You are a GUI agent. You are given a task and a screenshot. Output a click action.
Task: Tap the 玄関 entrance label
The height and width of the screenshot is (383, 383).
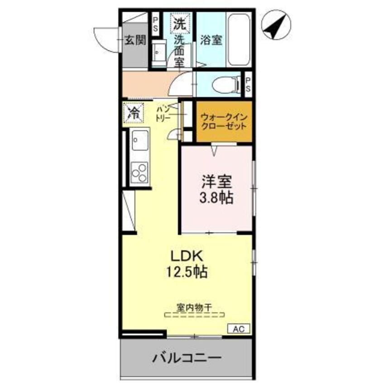(135, 40)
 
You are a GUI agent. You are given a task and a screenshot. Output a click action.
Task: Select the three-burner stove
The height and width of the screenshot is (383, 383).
(139, 172)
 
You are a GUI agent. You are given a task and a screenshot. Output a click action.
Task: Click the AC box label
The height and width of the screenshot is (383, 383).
(239, 329)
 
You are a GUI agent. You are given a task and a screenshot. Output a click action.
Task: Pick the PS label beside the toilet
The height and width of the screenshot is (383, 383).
(248, 85)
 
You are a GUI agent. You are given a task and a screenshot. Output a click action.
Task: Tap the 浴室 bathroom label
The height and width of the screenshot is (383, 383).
(211, 40)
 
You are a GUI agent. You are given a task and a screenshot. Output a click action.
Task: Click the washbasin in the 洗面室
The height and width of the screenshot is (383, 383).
(158, 53)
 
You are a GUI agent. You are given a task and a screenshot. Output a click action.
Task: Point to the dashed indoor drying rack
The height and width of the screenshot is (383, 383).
(195, 314)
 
